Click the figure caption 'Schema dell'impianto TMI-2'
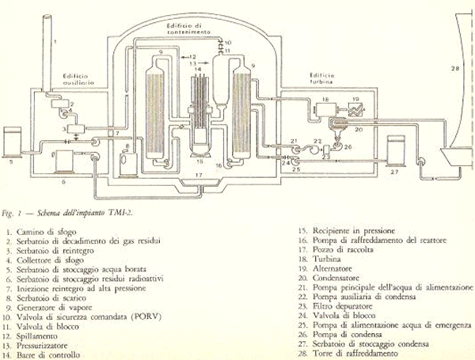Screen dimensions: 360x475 [x=88, y=213]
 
